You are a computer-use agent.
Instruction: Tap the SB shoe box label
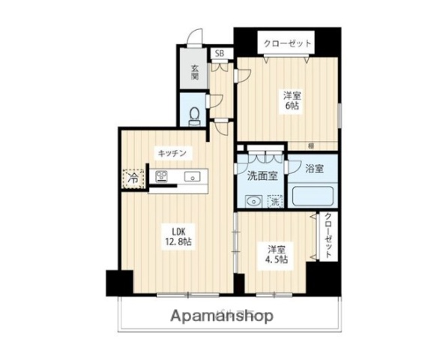220,53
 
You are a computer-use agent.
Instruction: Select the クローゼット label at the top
286,43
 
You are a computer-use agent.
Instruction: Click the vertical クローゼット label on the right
328,236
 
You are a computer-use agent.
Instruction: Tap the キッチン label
172,153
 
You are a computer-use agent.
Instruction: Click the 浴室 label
315,169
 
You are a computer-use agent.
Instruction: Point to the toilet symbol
194,115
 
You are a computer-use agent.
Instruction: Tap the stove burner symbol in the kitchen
161,177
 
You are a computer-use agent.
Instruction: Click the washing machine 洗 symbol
276,201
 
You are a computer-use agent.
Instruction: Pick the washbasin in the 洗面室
253,200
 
